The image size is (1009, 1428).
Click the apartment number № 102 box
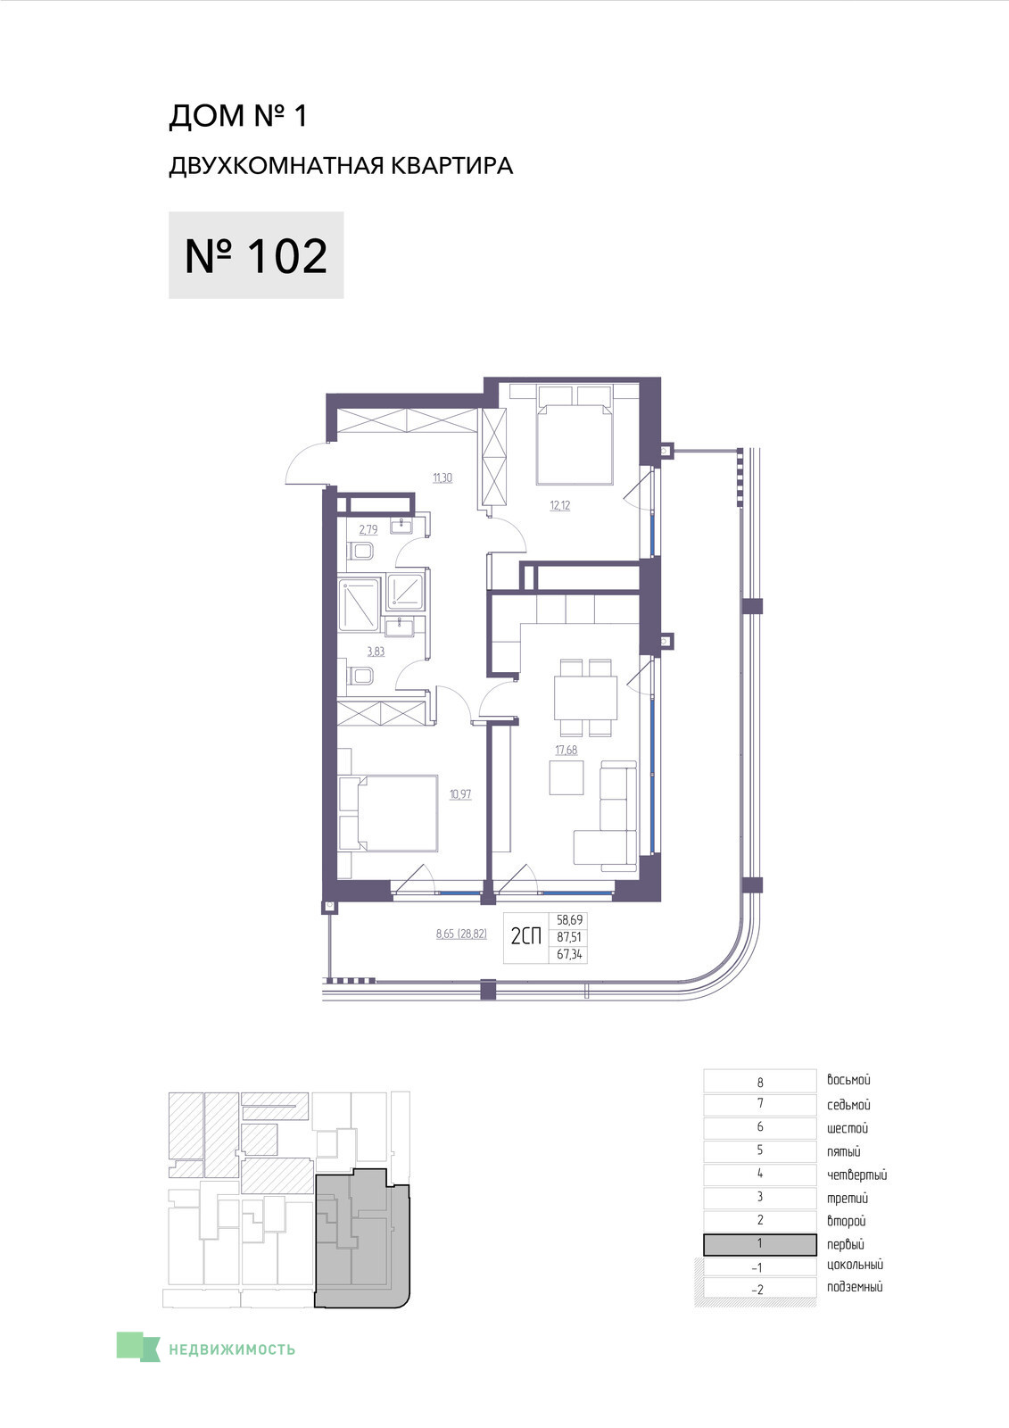tap(256, 255)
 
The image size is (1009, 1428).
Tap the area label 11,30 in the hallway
tap(442, 477)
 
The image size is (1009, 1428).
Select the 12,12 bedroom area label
tap(559, 505)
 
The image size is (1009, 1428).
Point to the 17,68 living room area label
tap(566, 750)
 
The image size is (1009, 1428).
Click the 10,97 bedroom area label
tap(461, 794)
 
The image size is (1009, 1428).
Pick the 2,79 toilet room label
tap(368, 529)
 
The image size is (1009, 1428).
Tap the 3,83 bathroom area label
tap(376, 652)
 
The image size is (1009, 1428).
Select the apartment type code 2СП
tap(526, 936)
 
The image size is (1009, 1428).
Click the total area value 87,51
tap(568, 938)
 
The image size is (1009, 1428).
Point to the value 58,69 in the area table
tap(568, 920)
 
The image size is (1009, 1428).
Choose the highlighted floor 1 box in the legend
tap(760, 1244)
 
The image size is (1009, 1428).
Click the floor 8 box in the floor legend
tap(760, 1081)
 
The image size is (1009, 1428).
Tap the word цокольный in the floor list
tap(855, 1265)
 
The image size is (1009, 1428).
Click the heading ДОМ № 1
tap(237, 116)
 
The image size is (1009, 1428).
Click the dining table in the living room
tap(586, 697)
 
